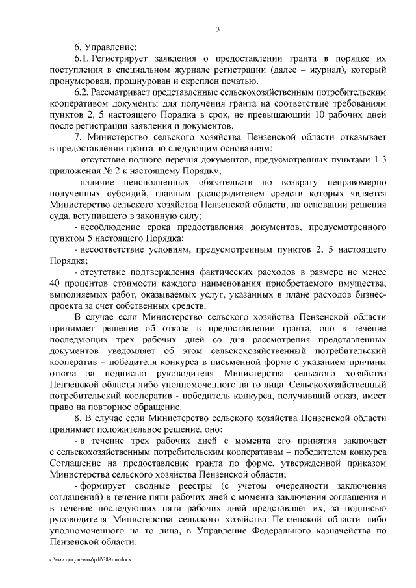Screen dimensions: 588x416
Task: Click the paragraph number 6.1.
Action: point(83,58)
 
